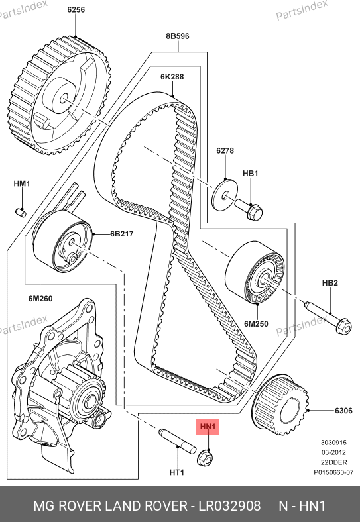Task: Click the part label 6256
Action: coord(76,9)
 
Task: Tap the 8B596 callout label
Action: coord(178,36)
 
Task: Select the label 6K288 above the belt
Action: coord(172,77)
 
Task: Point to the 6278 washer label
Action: coord(225,150)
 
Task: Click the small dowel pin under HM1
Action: coord(21,212)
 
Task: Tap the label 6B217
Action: coord(122,234)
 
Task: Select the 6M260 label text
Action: coord(40,299)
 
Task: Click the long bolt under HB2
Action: coord(328,317)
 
